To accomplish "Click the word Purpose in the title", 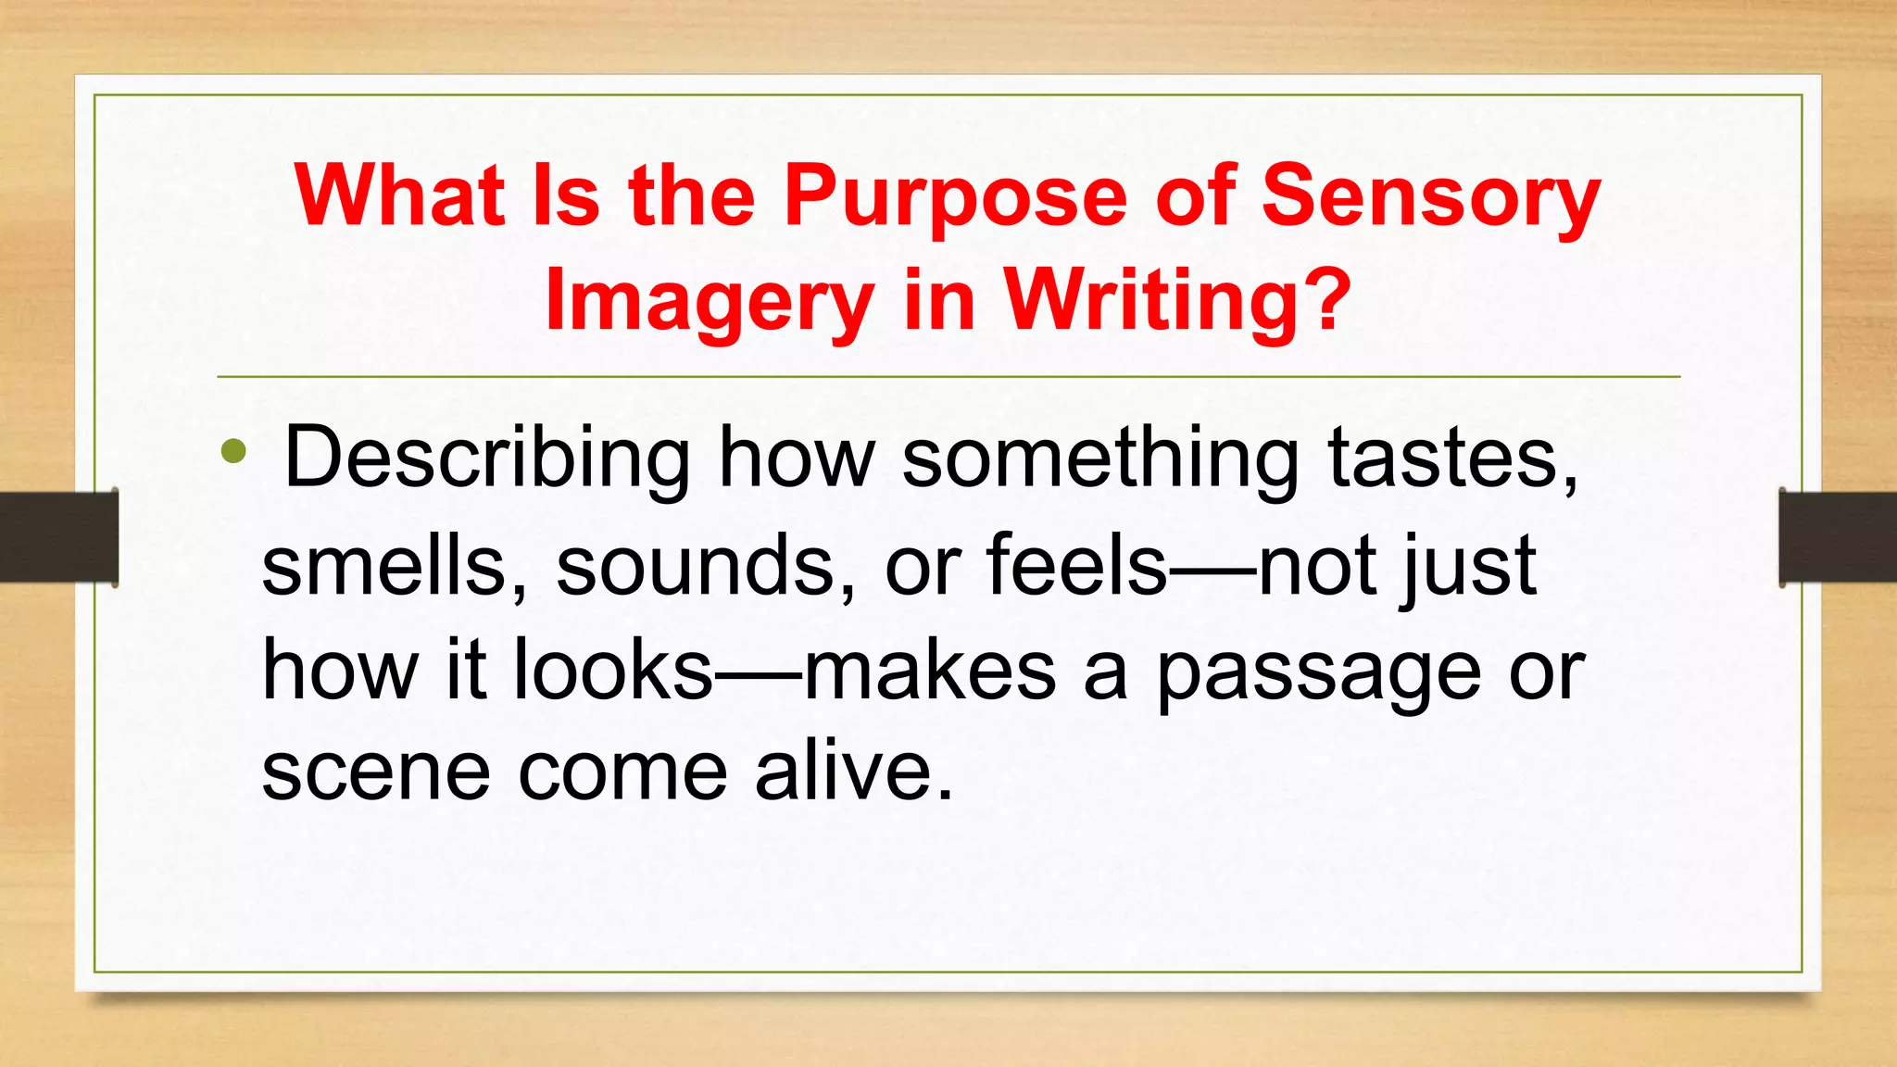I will (x=954, y=197).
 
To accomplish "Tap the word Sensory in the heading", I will (x=1431, y=197).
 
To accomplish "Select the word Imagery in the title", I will (x=710, y=302).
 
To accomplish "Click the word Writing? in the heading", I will (x=1178, y=302).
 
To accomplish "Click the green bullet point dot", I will (x=234, y=452).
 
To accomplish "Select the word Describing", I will (x=487, y=458).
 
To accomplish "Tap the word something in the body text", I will (x=1100, y=458).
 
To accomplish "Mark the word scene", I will (x=376, y=772).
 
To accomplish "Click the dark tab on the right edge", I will (x=1838, y=537).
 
